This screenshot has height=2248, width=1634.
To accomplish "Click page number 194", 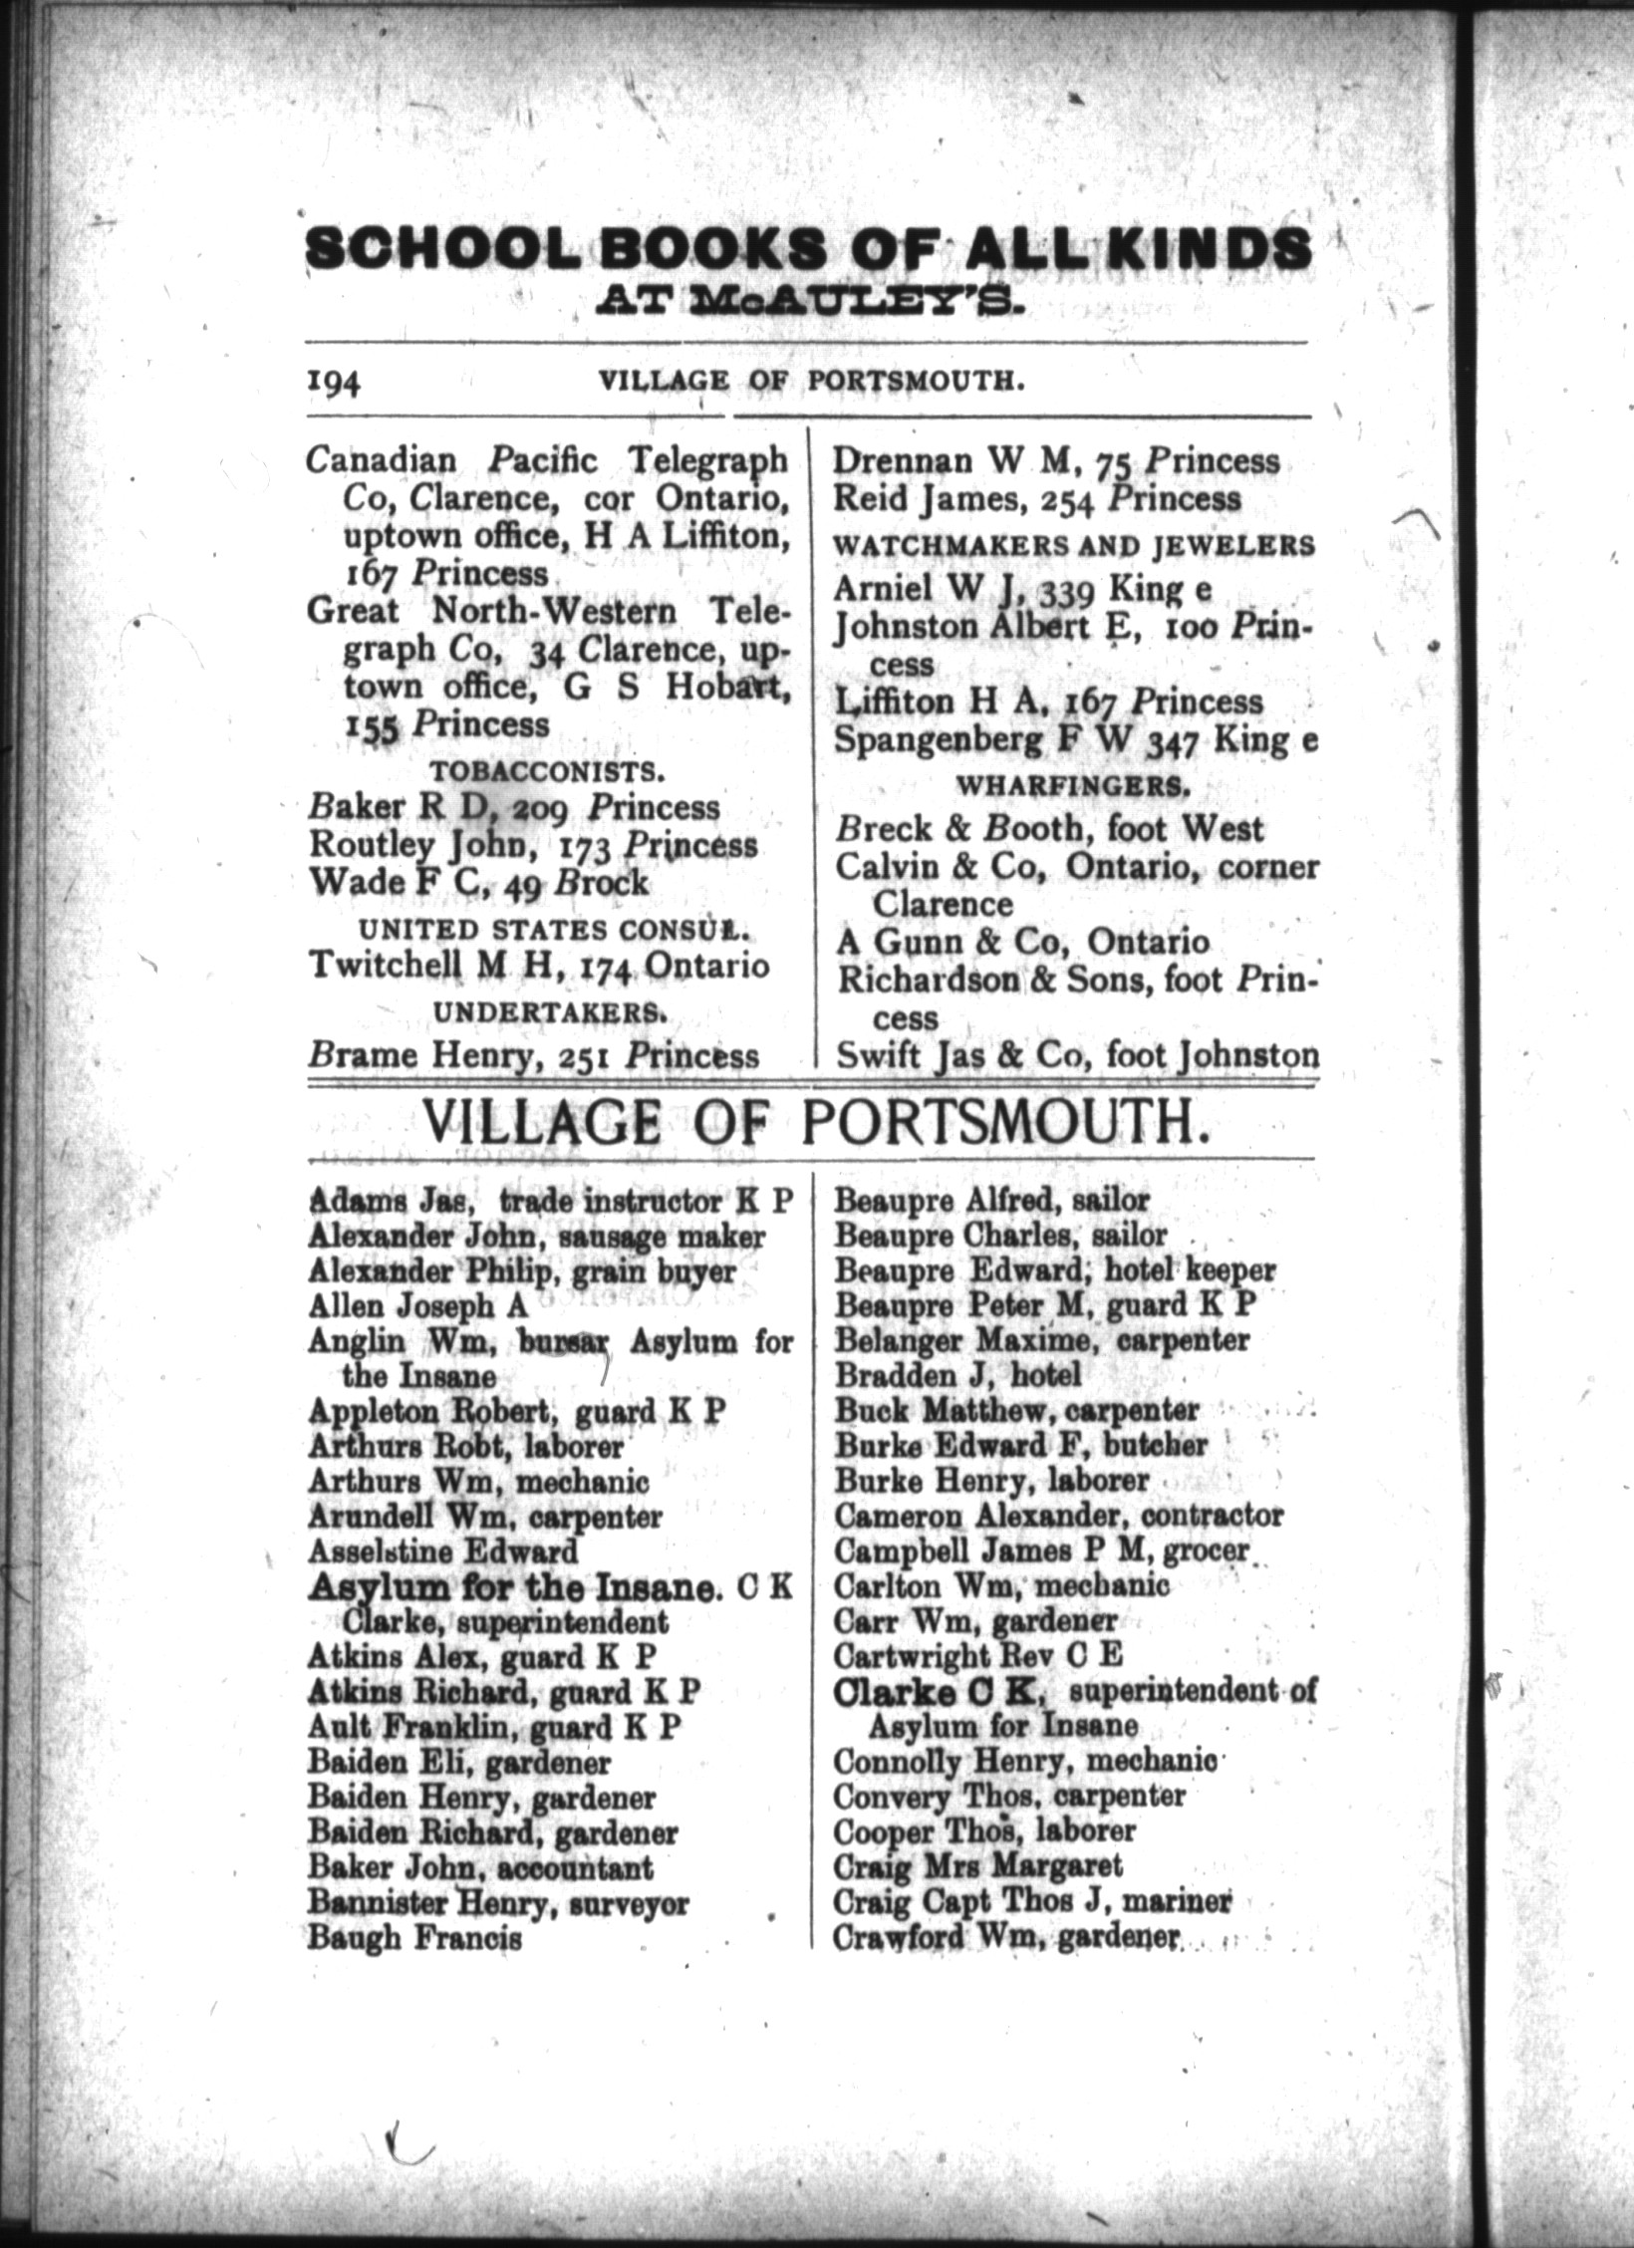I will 333,384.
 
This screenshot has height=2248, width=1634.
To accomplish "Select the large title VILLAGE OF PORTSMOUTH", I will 814,1124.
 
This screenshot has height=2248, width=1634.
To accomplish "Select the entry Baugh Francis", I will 414,1938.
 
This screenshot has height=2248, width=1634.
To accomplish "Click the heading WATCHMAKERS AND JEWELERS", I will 1073,546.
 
